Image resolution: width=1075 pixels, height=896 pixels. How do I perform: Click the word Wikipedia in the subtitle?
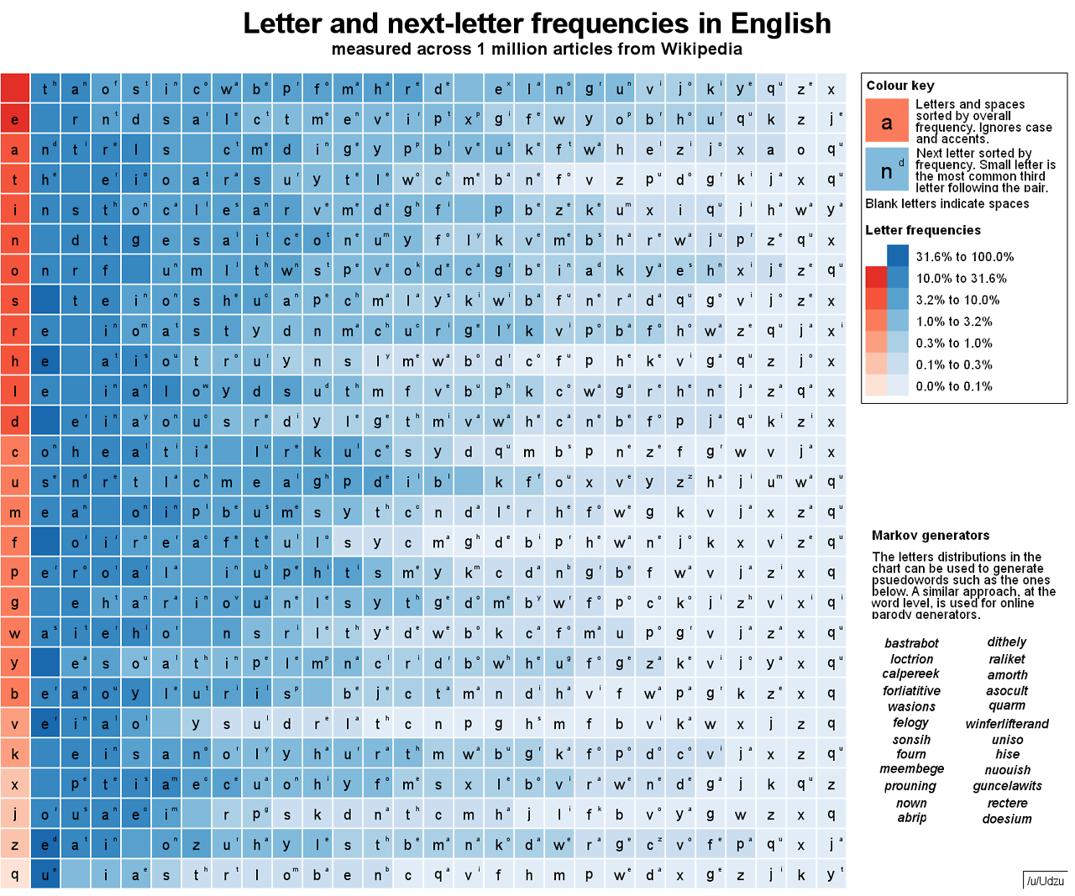701,49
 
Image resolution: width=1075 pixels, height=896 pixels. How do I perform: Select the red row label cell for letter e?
15,119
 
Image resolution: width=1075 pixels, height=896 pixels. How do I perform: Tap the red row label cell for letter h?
15,361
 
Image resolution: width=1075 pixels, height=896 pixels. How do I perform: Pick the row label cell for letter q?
15,874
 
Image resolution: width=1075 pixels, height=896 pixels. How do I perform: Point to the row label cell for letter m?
15,512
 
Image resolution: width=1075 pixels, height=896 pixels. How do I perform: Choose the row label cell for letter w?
15,633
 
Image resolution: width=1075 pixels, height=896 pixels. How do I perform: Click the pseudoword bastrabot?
911,643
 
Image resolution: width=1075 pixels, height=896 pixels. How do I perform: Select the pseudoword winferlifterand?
1007,723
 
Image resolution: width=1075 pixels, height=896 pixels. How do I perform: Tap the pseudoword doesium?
1007,818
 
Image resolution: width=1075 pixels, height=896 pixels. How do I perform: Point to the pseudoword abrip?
911,817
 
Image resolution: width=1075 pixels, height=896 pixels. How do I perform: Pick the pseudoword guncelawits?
1007,786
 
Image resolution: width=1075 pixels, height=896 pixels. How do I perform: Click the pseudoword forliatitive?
911,690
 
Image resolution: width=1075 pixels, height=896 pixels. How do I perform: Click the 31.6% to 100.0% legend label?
965,257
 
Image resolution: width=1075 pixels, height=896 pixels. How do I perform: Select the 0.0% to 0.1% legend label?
954,386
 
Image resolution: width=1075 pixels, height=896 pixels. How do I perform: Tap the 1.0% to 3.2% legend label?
954,322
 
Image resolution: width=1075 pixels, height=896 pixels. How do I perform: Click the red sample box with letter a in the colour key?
887,120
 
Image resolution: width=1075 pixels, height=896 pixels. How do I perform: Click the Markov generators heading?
931,535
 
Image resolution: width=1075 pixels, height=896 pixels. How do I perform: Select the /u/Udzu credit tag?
1045,881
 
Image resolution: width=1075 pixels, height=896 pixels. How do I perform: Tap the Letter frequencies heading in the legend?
923,230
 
